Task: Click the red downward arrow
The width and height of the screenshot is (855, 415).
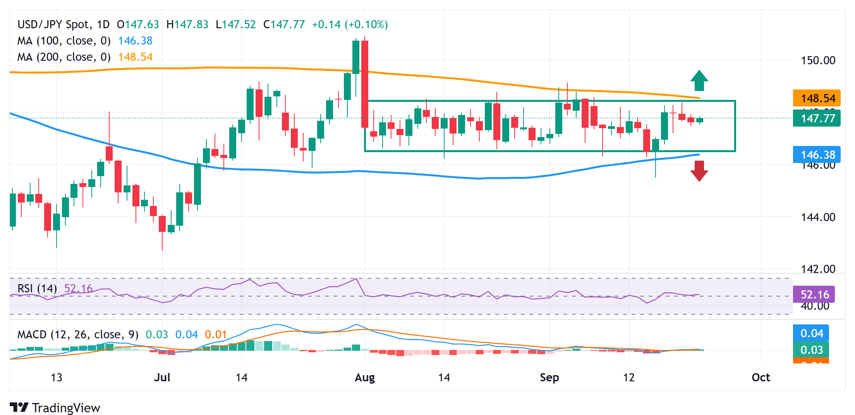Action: click(699, 171)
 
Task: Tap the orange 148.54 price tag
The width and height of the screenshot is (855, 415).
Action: click(817, 98)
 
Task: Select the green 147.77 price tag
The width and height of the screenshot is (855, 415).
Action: click(817, 118)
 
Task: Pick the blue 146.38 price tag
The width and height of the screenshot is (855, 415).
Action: click(817, 155)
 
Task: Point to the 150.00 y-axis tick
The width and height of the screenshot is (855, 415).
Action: click(818, 60)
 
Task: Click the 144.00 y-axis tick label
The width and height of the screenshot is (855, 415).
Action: click(818, 217)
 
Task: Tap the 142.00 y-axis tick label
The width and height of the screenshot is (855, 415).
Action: click(818, 269)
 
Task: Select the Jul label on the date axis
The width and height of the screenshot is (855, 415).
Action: click(162, 377)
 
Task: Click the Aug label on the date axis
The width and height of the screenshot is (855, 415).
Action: click(365, 377)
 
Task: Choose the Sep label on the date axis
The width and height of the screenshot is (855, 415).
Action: click(549, 377)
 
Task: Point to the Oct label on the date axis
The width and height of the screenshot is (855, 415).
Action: click(761, 377)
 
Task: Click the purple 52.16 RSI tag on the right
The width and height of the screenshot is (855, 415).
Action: click(814, 295)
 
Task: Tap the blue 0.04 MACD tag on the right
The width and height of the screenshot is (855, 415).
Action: click(811, 333)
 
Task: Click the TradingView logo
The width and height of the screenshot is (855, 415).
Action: click(55, 408)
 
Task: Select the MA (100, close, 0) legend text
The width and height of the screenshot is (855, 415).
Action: click(64, 41)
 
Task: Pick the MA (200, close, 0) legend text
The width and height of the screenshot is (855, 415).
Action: click(64, 57)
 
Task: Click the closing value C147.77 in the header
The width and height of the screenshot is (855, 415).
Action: click(284, 24)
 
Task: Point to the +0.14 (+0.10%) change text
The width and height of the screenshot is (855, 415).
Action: click(350, 24)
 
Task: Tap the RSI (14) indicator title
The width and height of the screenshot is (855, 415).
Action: click(37, 288)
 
